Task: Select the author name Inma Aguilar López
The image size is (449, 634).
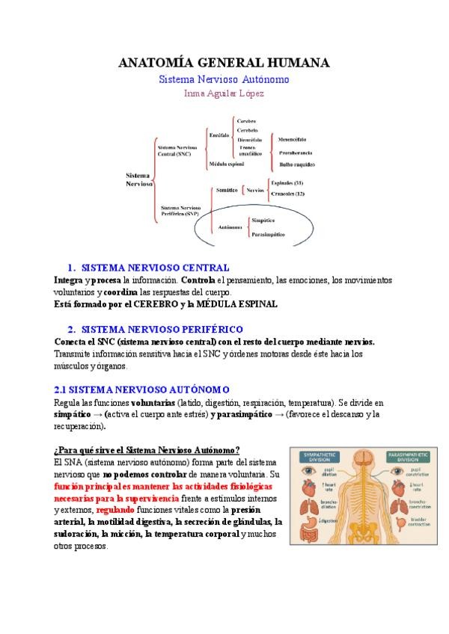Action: click(224, 93)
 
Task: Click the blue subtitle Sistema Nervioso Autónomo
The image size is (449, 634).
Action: click(224, 79)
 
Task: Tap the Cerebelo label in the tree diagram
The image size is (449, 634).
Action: click(248, 129)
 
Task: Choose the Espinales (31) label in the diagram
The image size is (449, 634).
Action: click(287, 183)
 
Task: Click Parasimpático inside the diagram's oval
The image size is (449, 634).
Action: click(269, 234)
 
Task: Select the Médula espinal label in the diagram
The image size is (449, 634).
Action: click(227, 163)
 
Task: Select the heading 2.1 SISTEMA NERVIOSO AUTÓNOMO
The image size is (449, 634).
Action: click(141, 390)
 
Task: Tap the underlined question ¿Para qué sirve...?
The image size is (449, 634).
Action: click(147, 449)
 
